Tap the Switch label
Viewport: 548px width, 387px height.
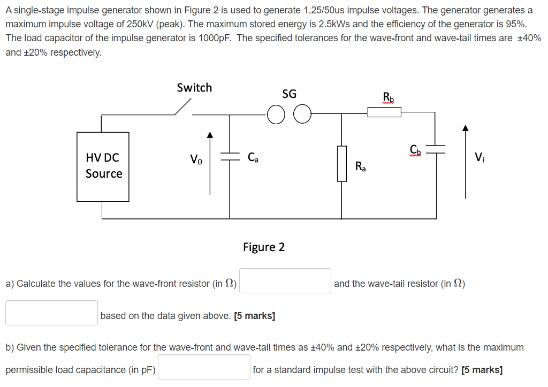(x=194, y=88)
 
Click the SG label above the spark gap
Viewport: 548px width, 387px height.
(x=289, y=94)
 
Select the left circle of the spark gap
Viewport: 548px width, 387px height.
(x=276, y=115)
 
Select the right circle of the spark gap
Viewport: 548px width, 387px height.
(x=302, y=115)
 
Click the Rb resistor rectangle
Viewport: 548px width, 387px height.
(x=384, y=112)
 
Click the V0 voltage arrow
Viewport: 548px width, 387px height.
(x=210, y=163)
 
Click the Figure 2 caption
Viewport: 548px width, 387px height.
(x=264, y=247)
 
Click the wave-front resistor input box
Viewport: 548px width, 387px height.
(x=285, y=281)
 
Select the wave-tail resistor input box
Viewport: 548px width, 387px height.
(x=52, y=313)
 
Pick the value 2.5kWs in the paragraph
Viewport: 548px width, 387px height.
(x=326, y=25)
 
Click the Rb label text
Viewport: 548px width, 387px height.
(x=388, y=97)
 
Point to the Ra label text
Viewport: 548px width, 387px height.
(x=361, y=167)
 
